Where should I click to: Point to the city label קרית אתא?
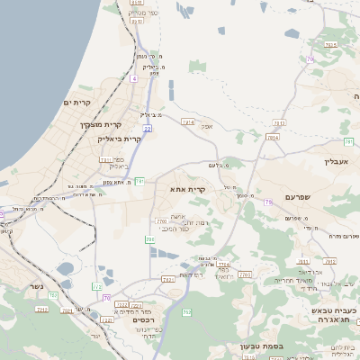point(187,189)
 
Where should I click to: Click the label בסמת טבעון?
point(261,346)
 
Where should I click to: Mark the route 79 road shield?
point(268,202)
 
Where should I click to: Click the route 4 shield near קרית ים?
point(133,79)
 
